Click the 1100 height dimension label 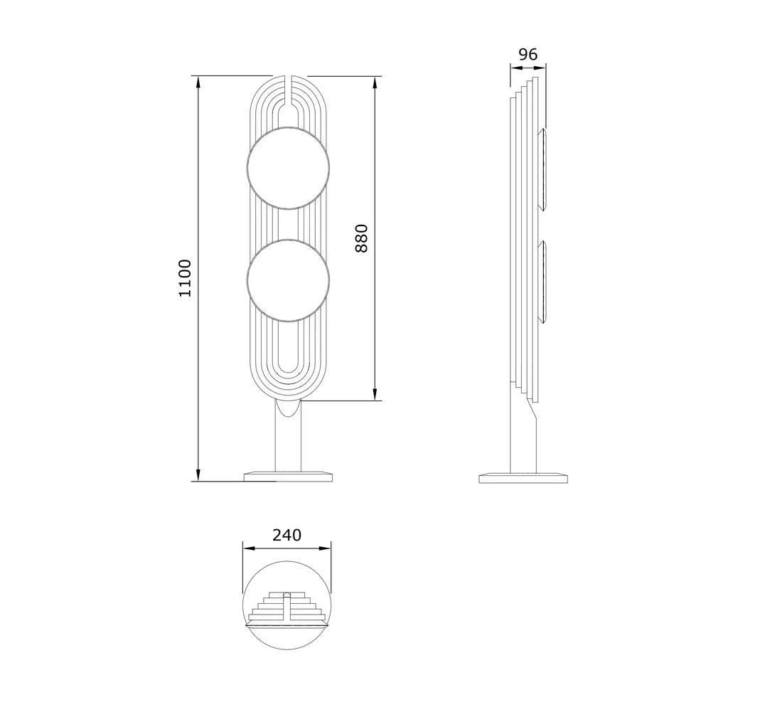click(185, 278)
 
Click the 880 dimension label click(361, 238)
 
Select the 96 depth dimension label click(528, 54)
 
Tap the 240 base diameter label click(286, 535)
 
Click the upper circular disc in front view click(288, 168)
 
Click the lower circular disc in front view click(288, 280)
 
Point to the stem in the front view click(288, 437)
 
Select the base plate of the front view click(288, 476)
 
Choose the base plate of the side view click(523, 477)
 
